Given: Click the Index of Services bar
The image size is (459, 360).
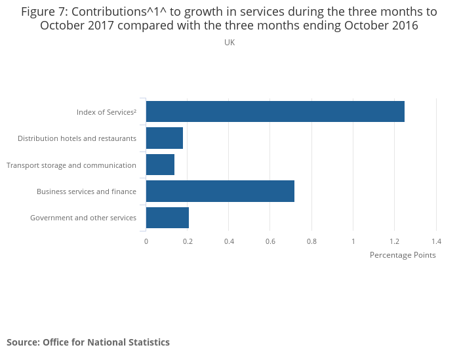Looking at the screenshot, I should point(275,111).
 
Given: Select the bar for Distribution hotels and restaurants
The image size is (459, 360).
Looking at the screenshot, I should point(164,138).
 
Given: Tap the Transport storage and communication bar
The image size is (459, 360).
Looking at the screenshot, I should point(160,165).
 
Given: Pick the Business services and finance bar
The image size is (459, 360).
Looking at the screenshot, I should point(220,191).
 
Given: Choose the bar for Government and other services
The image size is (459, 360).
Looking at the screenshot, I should point(167,218).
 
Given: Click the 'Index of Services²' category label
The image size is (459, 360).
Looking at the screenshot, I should point(106,112).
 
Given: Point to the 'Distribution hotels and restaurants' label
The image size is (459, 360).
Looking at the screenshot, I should point(77,138).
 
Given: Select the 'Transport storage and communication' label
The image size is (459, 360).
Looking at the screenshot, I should point(71,165).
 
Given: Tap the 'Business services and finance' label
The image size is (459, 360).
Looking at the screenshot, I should point(87,191).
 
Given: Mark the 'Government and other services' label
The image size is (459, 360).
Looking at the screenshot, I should point(83,218).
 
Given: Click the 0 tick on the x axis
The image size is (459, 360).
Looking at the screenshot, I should point(146,241).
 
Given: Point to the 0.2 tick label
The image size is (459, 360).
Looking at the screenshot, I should point(188,241).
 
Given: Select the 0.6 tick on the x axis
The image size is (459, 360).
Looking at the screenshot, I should point(270,241).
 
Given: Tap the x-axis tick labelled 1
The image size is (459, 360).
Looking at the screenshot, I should point(353,241).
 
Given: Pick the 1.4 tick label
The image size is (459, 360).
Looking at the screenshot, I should point(436,241).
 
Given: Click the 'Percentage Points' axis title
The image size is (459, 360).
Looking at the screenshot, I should point(403,255).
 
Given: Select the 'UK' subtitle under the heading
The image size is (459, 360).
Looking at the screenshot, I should point(229,43).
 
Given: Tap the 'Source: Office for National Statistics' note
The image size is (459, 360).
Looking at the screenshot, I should point(88,342).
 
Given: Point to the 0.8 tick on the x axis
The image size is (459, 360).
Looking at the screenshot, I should point(311,241).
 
